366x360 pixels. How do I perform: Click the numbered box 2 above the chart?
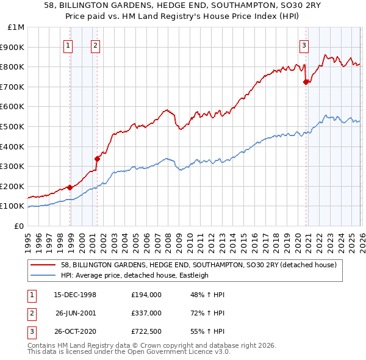pyautogui.click(x=95, y=44)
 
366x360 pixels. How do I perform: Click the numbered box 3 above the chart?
pyautogui.click(x=304, y=44)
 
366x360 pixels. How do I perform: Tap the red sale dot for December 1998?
pyautogui.click(x=70, y=187)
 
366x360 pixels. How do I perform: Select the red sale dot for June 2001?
pyautogui.click(x=97, y=159)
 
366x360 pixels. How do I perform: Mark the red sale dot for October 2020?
pyautogui.click(x=306, y=82)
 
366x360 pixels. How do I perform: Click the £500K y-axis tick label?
pyautogui.click(x=13, y=126)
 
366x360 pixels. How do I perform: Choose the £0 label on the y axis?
pyautogui.click(x=18, y=226)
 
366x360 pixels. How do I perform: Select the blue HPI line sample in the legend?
pyautogui.click(x=43, y=275)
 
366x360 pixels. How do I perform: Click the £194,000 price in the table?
pyautogui.click(x=146, y=294)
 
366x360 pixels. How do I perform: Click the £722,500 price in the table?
pyautogui.click(x=146, y=333)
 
